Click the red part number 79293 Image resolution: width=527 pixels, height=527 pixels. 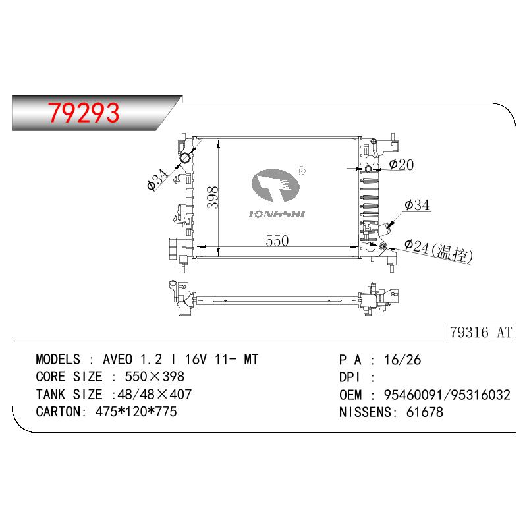(84, 113)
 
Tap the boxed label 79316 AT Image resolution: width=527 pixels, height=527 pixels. (481, 332)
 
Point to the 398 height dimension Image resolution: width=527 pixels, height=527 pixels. (213, 198)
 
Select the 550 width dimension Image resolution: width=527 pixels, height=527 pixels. (277, 240)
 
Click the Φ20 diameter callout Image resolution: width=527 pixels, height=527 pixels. (401, 164)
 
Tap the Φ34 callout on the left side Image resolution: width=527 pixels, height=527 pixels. (157, 180)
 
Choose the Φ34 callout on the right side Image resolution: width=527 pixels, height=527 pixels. (417, 205)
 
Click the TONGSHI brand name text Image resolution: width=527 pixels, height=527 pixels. (277, 214)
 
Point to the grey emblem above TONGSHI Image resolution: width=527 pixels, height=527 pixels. (275, 185)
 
